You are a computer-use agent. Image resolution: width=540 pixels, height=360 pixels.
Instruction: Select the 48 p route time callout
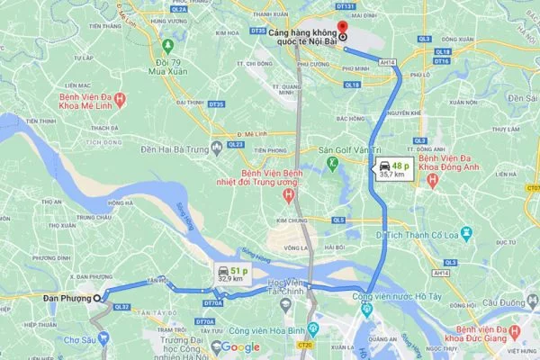392,167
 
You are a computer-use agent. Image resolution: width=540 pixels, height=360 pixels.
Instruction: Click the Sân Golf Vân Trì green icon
332,163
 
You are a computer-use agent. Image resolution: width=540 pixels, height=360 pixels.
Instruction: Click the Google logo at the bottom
235,347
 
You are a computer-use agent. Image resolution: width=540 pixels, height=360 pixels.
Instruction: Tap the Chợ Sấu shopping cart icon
103,338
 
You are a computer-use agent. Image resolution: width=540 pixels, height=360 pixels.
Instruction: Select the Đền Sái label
522,96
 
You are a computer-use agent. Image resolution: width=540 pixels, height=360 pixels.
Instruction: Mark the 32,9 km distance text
227,280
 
